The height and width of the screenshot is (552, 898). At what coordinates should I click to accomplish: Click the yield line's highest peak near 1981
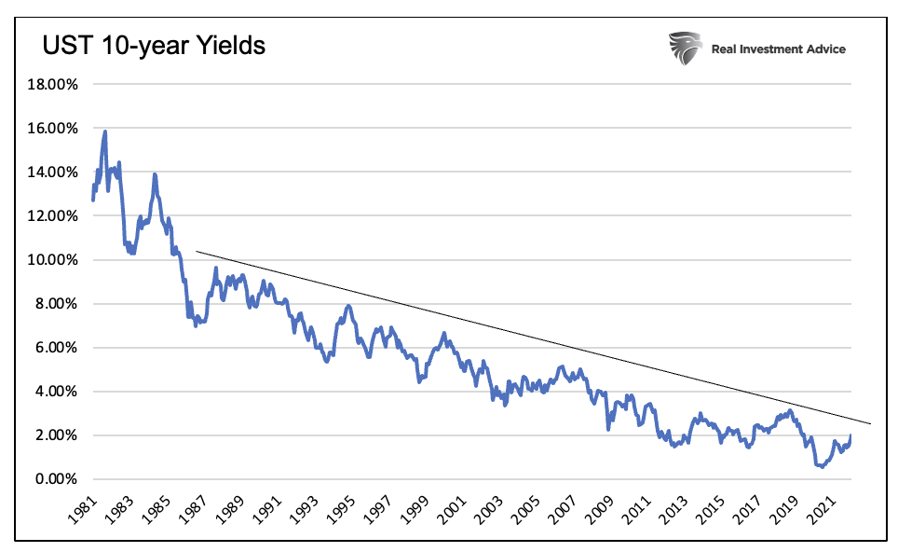(x=105, y=131)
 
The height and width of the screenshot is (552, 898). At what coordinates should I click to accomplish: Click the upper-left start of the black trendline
(x=197, y=252)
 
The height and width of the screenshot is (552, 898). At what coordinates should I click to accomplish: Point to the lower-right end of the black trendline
(x=871, y=423)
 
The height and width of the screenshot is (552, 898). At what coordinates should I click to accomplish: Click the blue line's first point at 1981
(x=92, y=200)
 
